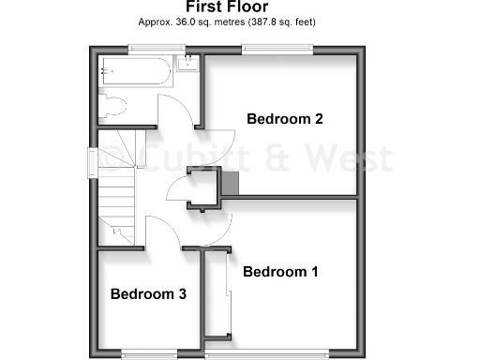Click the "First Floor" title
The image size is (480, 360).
pos(240,7)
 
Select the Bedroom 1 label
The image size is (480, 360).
pos(280,272)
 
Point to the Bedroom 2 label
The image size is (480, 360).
pos(285,119)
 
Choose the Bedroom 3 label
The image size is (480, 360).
pos(148,293)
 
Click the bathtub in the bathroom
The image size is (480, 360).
pos(137,69)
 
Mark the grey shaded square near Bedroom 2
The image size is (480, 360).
pos(231,185)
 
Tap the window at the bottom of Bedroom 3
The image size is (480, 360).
pos(147,353)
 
